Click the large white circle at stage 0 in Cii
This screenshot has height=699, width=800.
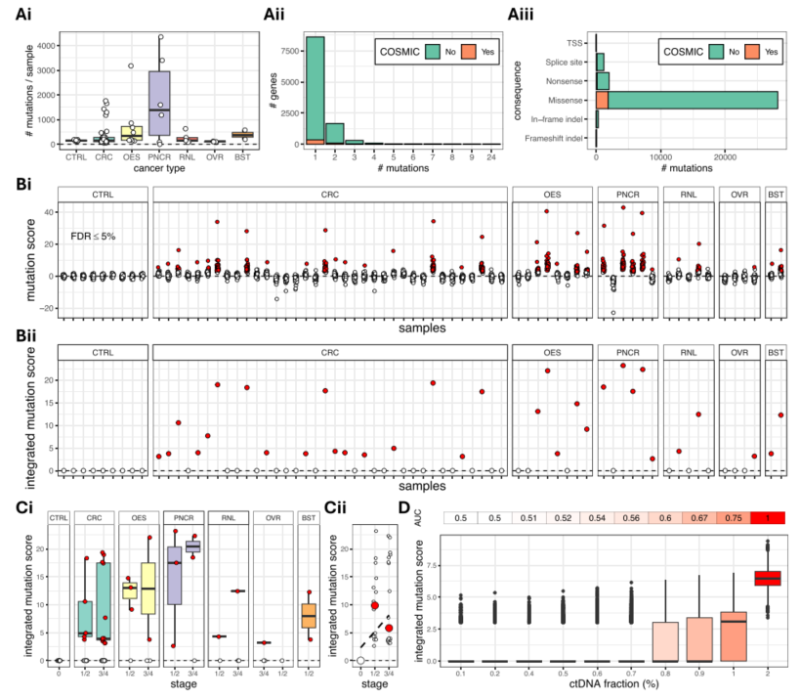click(359, 660)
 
